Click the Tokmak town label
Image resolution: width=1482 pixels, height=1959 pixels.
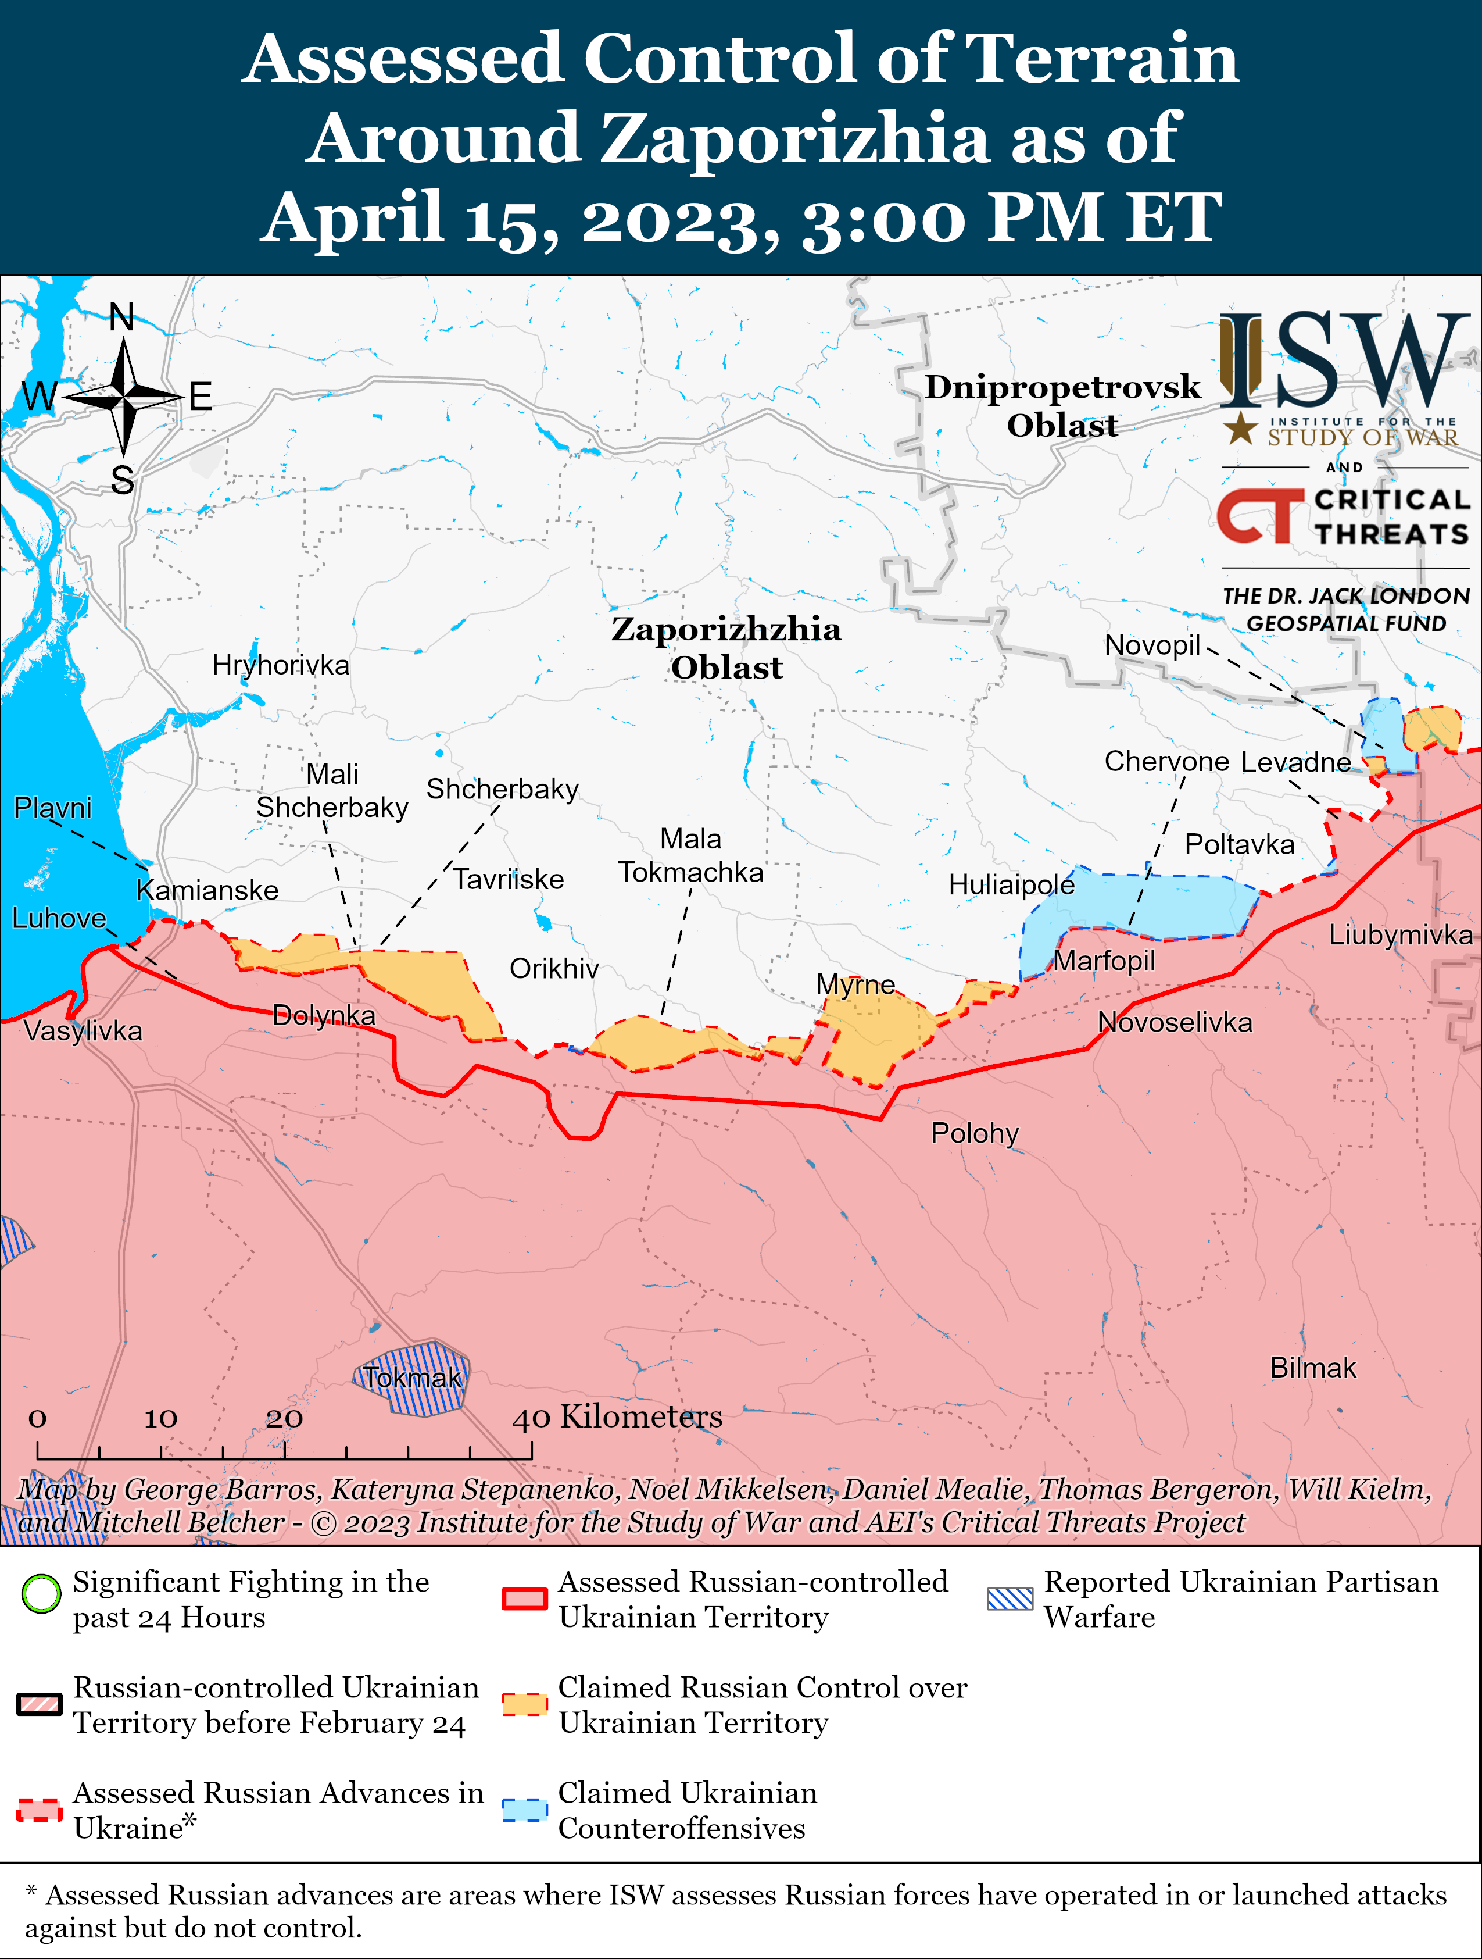click(x=413, y=1378)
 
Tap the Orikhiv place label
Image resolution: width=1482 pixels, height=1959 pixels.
click(x=554, y=969)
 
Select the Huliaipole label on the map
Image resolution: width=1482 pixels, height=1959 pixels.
click(x=1011, y=885)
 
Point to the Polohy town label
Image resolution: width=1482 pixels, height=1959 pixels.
click(x=975, y=1134)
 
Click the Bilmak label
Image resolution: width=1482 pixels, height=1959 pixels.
click(x=1313, y=1368)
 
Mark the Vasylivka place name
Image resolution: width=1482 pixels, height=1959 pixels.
click(x=83, y=1031)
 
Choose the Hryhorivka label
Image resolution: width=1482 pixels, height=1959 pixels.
click(x=281, y=665)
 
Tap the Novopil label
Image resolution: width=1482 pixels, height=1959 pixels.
click(x=1152, y=645)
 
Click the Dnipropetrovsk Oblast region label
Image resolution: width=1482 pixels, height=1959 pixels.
click(x=1062, y=406)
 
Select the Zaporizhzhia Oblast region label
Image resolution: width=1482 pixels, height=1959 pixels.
click(x=726, y=647)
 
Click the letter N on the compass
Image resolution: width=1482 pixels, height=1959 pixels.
click(x=122, y=316)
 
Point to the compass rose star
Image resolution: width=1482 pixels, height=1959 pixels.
click(x=124, y=398)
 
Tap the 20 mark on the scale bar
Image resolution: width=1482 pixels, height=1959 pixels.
click(x=284, y=1419)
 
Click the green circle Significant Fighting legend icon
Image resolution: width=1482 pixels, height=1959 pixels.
click(x=41, y=1594)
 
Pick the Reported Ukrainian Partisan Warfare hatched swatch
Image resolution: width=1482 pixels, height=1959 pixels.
click(x=1010, y=1598)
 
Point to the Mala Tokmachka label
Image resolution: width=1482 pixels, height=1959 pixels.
click(x=690, y=855)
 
